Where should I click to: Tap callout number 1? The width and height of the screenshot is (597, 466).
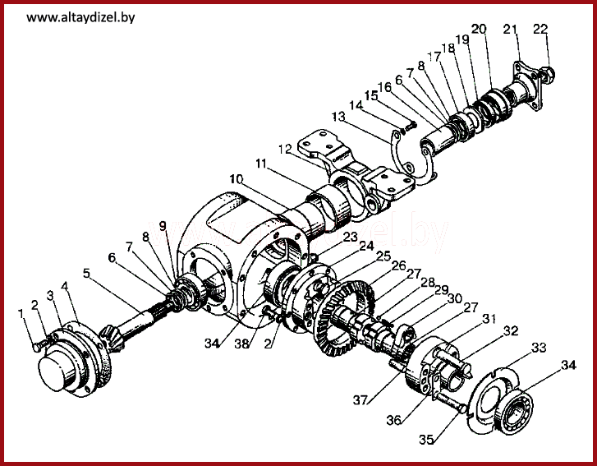point(22,313)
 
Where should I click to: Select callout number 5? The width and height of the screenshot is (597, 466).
point(85,273)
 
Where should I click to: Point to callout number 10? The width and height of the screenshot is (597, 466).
point(236,178)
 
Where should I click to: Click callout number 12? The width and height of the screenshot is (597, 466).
point(285,149)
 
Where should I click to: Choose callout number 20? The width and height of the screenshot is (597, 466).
point(479,30)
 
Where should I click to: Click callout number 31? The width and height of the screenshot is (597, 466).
point(489,318)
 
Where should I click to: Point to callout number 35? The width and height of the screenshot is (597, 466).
point(425,440)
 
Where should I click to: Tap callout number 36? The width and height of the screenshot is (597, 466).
point(394,420)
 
